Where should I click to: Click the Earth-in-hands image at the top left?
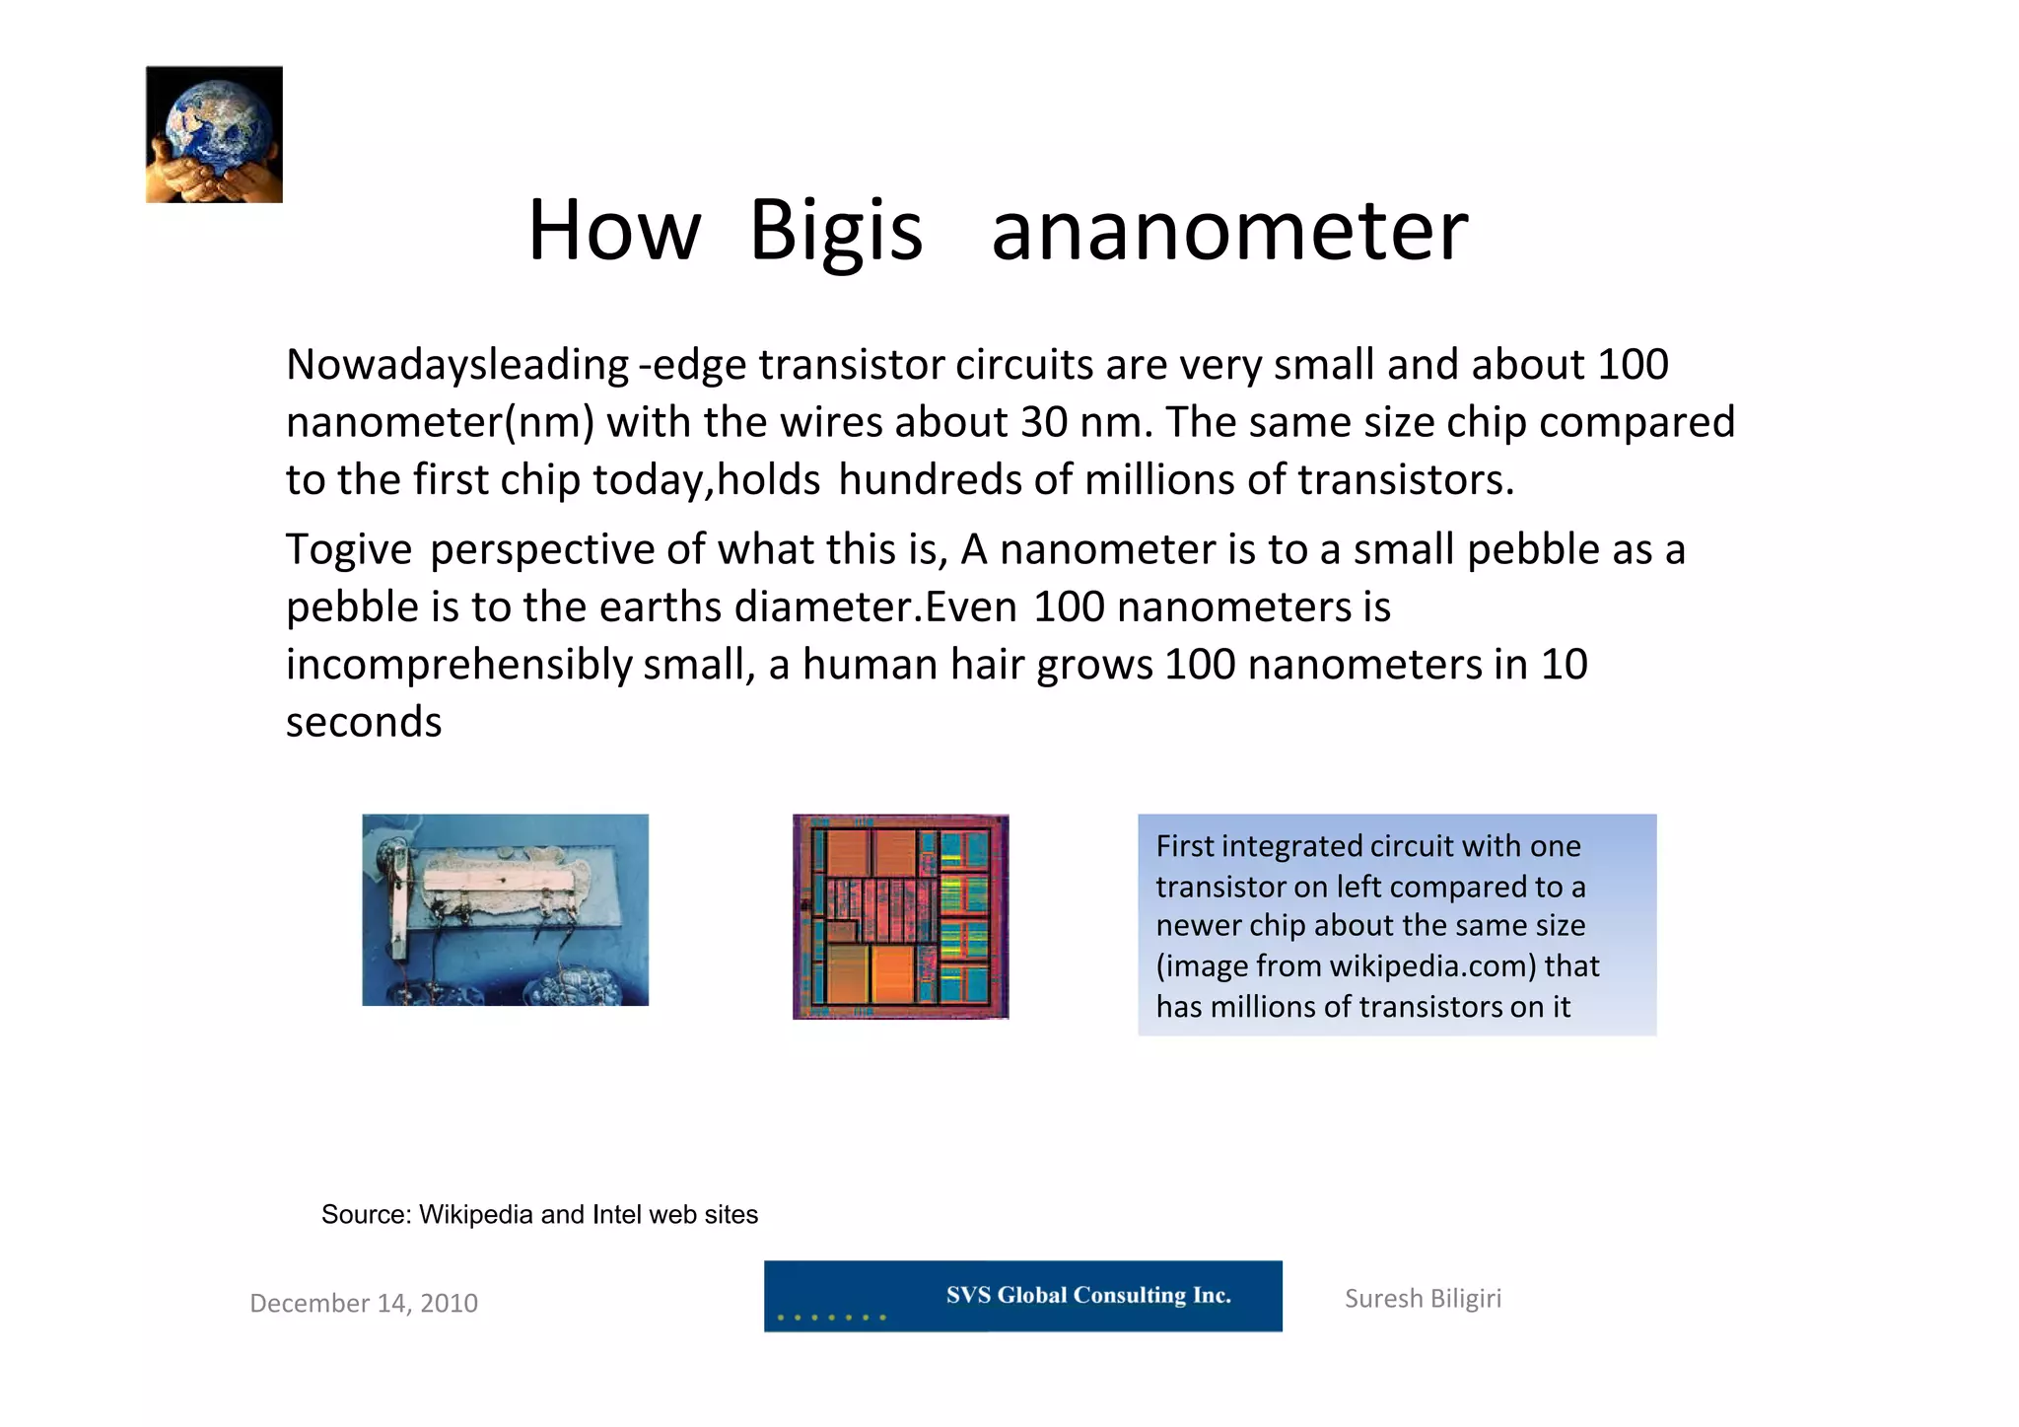214,134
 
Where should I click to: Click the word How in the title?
613,231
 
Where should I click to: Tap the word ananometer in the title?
1229,231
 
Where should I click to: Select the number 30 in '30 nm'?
1044,422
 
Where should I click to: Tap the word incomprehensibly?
458,665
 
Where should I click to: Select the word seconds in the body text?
364,722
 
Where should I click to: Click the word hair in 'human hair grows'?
987,665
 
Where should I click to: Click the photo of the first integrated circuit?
505,909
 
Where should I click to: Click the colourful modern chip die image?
900,916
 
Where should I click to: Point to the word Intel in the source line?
616,1215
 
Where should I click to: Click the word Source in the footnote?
365,1215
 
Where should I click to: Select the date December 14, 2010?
364,1304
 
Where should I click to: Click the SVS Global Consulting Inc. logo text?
1088,1295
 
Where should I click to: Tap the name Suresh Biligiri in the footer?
1423,1299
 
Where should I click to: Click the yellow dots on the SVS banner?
831,1317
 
